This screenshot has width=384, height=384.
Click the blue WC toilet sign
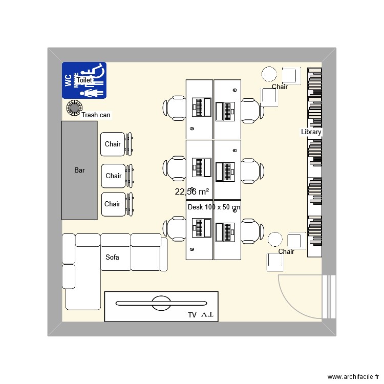tap(84, 80)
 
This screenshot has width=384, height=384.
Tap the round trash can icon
tap(74, 108)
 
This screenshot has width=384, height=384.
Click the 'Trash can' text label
tap(96, 115)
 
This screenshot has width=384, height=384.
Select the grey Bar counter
tap(79, 170)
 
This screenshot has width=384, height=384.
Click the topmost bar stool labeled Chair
tap(113, 144)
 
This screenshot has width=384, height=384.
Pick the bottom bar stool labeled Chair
tap(113, 204)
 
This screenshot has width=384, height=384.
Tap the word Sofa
tap(112, 257)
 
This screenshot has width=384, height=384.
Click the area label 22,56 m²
tap(192, 192)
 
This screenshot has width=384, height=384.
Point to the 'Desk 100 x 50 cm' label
tap(214, 207)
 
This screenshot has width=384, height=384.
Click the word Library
tap(311, 132)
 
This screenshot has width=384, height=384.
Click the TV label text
tap(192, 316)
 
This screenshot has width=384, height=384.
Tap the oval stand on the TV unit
tap(162, 303)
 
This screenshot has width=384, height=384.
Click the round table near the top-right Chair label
tap(269, 74)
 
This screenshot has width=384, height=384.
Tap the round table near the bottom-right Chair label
tap(275, 239)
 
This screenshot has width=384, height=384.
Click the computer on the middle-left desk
tap(201, 167)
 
